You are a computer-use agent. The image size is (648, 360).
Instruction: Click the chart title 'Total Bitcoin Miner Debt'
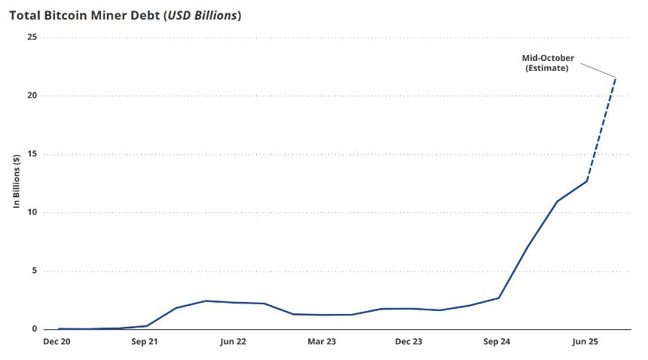point(84,15)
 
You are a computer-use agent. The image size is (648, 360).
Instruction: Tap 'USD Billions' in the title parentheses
point(201,15)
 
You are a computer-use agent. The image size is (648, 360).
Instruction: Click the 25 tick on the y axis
point(32,37)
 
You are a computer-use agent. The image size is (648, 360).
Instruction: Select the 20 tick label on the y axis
point(32,96)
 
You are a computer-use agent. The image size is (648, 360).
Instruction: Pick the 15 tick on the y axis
point(32,154)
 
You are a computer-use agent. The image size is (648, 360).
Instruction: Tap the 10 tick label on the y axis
point(32,212)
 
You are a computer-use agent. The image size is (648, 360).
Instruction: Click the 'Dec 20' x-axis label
point(58,342)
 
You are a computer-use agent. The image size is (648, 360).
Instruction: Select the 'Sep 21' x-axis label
point(145,342)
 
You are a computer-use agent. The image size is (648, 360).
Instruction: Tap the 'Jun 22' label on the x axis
point(234,342)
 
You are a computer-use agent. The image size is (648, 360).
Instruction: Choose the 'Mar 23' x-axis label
point(322,342)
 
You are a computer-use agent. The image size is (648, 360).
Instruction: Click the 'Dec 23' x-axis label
point(409,342)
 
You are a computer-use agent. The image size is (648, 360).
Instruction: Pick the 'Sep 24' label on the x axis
point(497,342)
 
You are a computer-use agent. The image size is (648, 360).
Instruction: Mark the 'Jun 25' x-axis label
point(585,342)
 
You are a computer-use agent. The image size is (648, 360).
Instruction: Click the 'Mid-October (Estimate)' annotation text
point(548,63)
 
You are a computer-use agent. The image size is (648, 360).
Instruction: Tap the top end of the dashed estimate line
point(616,77)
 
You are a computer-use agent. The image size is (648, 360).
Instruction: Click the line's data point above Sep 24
point(498,297)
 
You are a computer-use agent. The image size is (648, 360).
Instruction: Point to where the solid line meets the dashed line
point(586,181)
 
